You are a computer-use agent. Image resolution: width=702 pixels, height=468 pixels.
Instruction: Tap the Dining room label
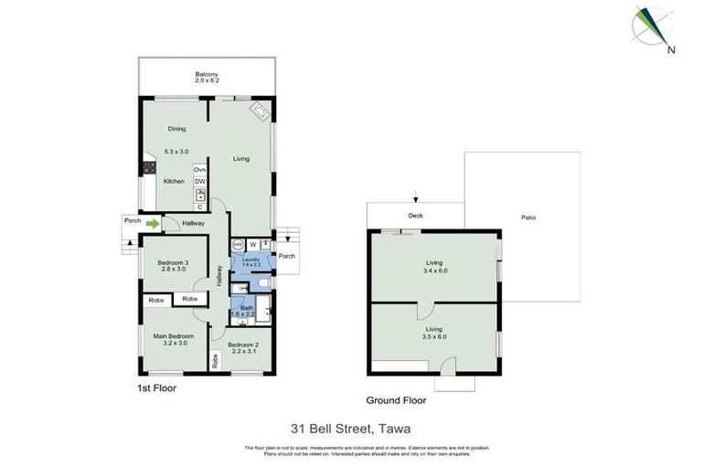(176, 129)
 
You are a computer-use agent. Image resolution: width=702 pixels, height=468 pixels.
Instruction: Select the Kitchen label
(174, 181)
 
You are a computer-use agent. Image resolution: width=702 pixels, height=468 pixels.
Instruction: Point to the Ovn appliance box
(199, 170)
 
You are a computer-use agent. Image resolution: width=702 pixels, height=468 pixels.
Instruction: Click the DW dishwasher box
(199, 182)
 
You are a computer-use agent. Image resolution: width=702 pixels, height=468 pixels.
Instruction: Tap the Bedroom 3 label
(173, 263)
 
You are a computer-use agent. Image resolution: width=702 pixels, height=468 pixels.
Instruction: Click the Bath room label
(247, 308)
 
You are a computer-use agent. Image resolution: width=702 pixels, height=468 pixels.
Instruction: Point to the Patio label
(528, 218)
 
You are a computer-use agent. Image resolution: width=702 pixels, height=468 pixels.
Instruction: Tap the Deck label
(415, 217)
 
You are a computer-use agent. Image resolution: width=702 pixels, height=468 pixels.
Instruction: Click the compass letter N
(671, 50)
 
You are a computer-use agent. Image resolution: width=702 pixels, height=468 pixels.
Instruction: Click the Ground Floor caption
(396, 400)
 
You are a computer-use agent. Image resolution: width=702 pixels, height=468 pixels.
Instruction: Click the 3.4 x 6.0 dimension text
(433, 271)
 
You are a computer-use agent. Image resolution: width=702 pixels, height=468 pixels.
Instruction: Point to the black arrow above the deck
(416, 197)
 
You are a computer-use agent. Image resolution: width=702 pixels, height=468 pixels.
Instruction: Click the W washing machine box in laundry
(252, 244)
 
